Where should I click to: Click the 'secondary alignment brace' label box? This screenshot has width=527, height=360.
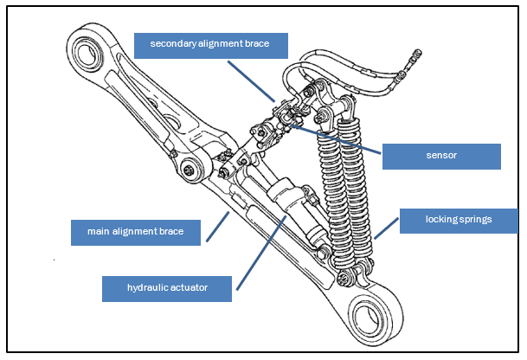click(x=210, y=44)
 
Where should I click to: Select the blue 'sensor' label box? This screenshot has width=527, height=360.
click(x=441, y=155)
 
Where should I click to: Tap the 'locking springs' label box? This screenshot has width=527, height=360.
click(x=458, y=220)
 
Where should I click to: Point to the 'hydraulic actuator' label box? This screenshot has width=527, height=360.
click(x=166, y=288)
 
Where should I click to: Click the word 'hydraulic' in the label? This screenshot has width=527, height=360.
click(x=141, y=288)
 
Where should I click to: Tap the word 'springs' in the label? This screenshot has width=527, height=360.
click(x=476, y=220)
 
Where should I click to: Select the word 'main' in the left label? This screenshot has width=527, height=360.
click(x=99, y=232)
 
